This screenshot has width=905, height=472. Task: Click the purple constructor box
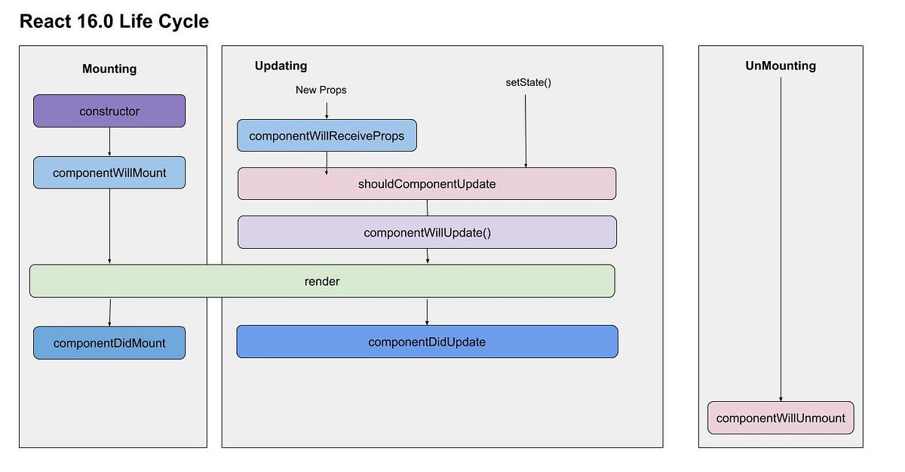pos(109,111)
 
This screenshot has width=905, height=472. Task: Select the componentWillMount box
pos(109,173)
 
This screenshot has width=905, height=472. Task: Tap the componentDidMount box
pos(109,343)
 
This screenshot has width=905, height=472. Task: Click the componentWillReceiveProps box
pos(327,136)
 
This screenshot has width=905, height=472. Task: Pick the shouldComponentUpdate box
pos(427,183)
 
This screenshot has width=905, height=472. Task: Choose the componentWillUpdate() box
pos(427,232)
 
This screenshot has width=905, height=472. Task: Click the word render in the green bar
pos(322,281)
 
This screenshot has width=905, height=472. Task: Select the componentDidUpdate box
pos(427,342)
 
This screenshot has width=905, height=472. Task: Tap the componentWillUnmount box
pos(781,418)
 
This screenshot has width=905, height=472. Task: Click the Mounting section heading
pos(109,69)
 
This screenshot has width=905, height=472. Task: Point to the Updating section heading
pos(281,66)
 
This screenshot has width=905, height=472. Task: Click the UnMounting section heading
pos(781,66)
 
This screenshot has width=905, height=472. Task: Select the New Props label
pos(321,90)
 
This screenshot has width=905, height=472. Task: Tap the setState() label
pos(528,82)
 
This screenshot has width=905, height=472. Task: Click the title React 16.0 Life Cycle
pos(114,22)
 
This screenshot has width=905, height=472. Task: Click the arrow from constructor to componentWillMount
pos(109,141)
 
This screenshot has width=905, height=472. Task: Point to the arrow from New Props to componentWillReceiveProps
pos(327,110)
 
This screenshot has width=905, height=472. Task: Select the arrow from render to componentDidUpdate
pos(427,311)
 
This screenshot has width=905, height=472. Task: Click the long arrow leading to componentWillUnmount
pos(781,241)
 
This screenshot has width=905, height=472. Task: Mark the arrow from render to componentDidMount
pos(109,311)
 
